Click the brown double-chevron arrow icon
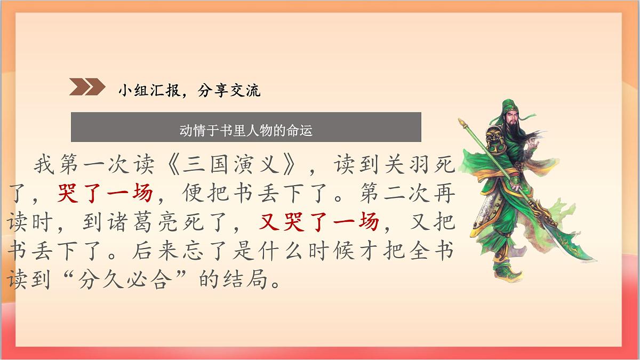click(87, 87)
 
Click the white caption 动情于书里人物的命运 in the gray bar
click(246, 131)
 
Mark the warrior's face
click(511, 120)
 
